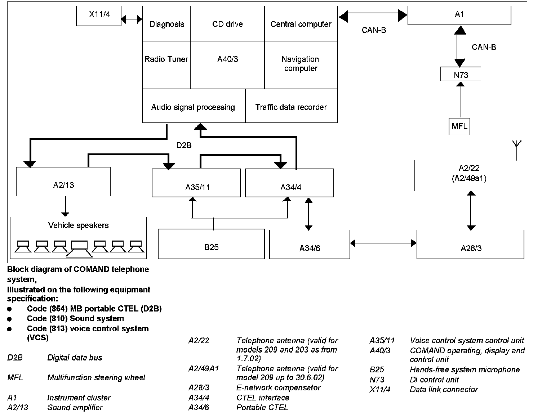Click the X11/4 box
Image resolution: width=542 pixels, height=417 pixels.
[99, 16]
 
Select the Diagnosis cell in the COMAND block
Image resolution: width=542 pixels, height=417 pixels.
[166, 24]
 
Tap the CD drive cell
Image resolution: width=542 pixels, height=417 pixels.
[227, 24]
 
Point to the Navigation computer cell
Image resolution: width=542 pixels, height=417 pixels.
[301, 64]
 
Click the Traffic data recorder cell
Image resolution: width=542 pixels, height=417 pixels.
[291, 107]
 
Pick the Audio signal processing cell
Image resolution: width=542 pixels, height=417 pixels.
[193, 107]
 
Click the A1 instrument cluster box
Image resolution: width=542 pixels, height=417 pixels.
[459, 15]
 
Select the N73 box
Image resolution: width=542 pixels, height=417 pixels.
[461, 75]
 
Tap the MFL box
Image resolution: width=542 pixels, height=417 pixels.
[459, 126]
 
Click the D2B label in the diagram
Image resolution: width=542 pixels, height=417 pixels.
[184, 145]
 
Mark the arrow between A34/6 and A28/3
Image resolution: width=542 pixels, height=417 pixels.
[383, 243]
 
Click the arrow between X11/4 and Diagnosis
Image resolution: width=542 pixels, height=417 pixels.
[132, 19]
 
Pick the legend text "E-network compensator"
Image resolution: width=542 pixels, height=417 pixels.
[278, 387]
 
